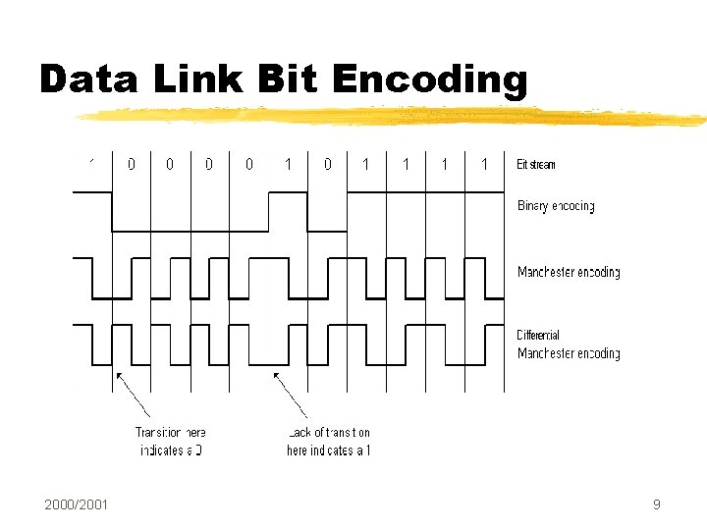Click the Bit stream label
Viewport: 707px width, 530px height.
[x=536, y=164]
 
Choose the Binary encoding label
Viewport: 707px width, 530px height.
[x=556, y=206]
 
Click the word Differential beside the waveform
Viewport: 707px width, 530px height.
[x=538, y=336]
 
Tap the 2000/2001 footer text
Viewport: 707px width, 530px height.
[x=77, y=504]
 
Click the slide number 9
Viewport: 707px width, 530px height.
[x=656, y=504]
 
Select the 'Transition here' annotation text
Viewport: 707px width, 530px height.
[x=170, y=432]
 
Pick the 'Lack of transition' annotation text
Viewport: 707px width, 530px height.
[x=329, y=432]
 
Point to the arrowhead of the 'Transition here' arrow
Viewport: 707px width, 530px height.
[x=118, y=374]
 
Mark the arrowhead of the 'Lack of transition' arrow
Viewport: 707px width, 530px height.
[x=276, y=374]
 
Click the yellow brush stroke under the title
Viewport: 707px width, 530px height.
[x=393, y=117]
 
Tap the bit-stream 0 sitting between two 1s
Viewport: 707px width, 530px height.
[x=328, y=164]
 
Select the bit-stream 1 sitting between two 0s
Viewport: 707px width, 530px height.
[x=288, y=164]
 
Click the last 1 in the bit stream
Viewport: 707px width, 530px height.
[x=484, y=164]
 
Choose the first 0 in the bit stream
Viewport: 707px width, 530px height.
[x=132, y=164]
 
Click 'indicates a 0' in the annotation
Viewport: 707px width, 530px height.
[x=170, y=450]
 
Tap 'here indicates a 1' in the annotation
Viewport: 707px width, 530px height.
[x=329, y=450]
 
